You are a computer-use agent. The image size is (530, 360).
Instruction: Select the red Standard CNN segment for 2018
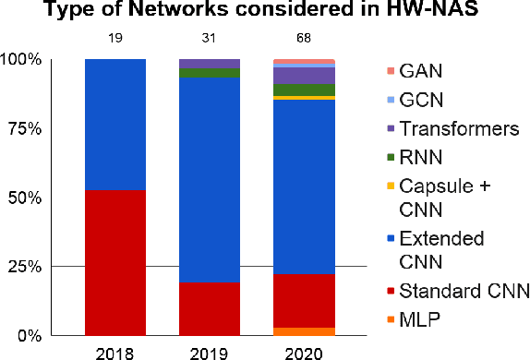(115, 262)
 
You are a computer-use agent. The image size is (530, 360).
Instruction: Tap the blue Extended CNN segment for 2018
(115, 124)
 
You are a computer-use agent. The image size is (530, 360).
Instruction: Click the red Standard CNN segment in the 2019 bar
(209, 308)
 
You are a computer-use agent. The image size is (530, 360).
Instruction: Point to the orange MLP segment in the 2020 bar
(304, 331)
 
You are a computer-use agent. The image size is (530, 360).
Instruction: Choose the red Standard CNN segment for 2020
(304, 301)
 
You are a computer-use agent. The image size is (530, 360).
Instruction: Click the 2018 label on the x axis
(115, 352)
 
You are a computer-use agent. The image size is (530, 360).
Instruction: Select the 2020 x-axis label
(304, 352)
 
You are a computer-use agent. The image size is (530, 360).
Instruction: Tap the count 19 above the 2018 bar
(115, 39)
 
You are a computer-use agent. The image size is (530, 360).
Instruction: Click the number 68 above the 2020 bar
(304, 39)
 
